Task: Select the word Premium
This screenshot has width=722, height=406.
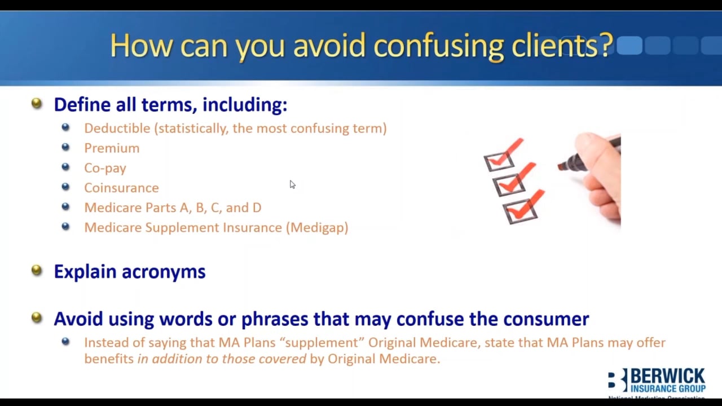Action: tap(112, 148)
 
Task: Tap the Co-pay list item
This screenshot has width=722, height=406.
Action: tap(105, 168)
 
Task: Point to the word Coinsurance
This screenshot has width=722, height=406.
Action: tap(121, 188)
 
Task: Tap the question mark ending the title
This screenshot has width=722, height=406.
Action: tap(606, 45)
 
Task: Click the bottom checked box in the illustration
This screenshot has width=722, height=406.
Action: tap(519, 212)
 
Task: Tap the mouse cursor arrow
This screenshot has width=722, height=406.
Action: tap(292, 185)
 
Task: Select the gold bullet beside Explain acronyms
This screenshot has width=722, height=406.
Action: tap(37, 271)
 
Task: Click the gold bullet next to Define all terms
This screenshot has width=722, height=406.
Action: tap(37, 103)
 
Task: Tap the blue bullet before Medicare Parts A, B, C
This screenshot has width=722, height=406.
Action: tap(65, 207)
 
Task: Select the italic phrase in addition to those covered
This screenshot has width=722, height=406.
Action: tap(222, 359)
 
